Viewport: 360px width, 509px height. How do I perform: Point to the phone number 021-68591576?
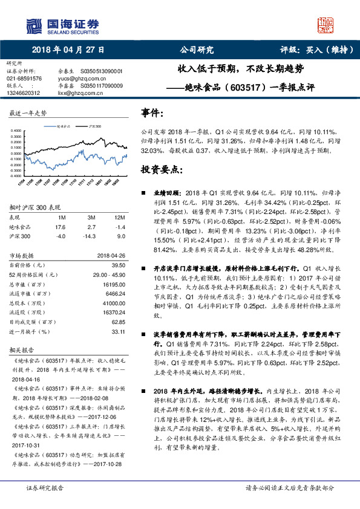click(24, 78)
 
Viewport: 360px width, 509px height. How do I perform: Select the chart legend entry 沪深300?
click(94, 128)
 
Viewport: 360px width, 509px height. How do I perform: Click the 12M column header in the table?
click(119, 216)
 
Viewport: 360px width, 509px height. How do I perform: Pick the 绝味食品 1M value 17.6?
click(60, 227)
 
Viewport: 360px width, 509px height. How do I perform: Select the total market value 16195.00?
click(114, 283)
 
